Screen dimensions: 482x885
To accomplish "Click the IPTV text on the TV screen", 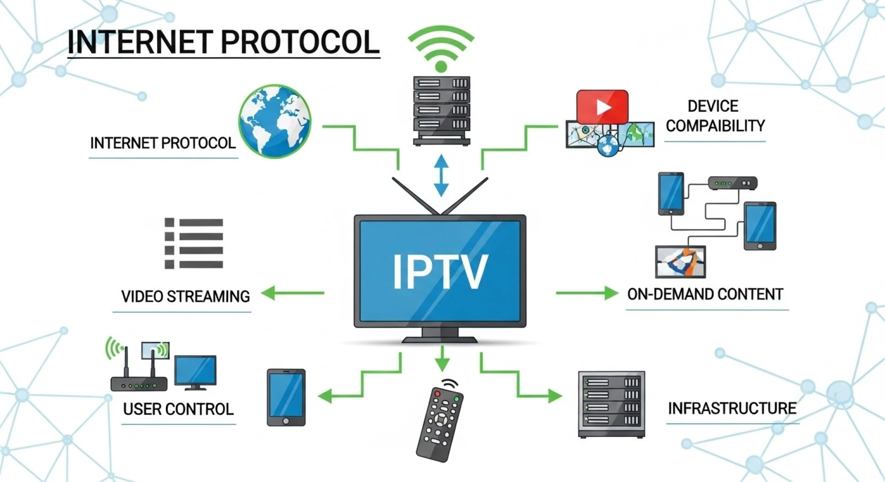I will (x=440, y=272).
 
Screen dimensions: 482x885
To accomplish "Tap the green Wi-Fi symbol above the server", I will (x=441, y=48).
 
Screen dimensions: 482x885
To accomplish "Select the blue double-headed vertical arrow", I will (x=441, y=175).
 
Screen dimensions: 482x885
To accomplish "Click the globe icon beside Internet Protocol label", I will (x=275, y=121).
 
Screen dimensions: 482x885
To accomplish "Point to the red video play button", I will (x=602, y=107).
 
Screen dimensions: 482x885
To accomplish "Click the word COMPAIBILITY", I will (x=715, y=126).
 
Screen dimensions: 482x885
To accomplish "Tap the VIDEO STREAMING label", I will (x=185, y=296).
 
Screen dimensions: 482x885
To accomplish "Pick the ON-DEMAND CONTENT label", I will (x=705, y=294).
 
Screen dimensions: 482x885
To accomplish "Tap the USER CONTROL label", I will (x=178, y=409).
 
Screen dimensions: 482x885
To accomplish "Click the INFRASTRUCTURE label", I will (x=732, y=408).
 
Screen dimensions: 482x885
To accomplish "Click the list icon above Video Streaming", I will (x=194, y=244).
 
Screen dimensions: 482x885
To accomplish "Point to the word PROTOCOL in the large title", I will (x=301, y=42).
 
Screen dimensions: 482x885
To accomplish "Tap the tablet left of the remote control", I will (x=286, y=397).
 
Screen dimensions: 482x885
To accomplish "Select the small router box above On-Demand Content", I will (x=732, y=183).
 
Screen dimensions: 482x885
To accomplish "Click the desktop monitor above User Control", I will (x=195, y=371).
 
